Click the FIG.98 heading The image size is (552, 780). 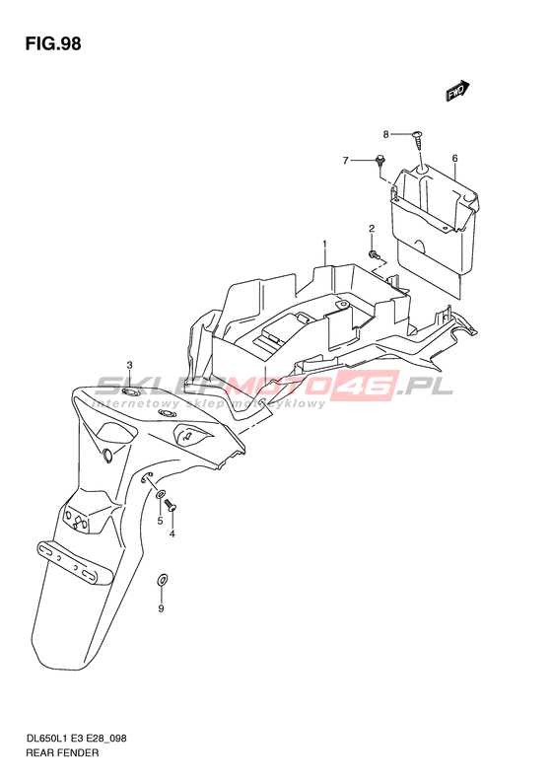click(53, 43)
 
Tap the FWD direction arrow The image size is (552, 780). click(457, 91)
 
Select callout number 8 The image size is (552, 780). click(385, 134)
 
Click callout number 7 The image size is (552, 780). click(346, 161)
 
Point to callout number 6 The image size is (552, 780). click(454, 159)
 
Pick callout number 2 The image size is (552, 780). click(372, 229)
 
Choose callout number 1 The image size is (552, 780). click(324, 245)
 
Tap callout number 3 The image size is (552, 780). click(129, 366)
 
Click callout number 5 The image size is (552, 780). click(160, 521)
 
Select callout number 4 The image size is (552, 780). click(172, 534)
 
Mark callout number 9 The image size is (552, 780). click(161, 608)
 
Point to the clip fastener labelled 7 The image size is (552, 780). click(380, 160)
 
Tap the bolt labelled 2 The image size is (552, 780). click(374, 255)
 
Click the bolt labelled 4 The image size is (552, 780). click(172, 506)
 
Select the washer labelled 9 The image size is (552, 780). click(162, 579)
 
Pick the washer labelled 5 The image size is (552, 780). click(160, 495)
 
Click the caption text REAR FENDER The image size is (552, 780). click(62, 752)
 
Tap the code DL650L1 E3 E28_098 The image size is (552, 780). click(76, 739)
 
